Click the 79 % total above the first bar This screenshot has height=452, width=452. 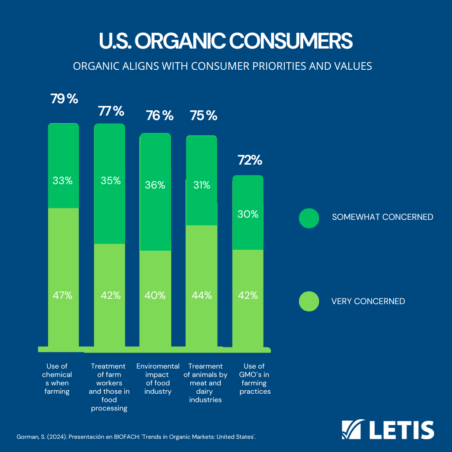pos(64,99)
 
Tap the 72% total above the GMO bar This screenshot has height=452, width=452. pos(250,160)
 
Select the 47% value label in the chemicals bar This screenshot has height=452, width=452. pos(63,295)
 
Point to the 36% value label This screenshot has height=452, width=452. pos(155,185)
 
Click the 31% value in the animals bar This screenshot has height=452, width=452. pos(201,185)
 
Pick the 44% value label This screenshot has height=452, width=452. pos(201,295)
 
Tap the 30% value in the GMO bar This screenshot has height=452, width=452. pos(248,214)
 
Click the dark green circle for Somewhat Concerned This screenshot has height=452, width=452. pos(309,217)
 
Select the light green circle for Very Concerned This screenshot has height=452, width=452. pos(309,301)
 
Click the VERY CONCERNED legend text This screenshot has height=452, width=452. pos(368,301)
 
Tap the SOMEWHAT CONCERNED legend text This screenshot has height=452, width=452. pos(382,217)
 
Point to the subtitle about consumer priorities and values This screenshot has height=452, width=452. pos(222,66)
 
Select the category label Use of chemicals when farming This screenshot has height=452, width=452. pos(57,379)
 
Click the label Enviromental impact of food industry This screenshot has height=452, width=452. pos(158,379)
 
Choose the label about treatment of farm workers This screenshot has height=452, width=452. pos(109,387)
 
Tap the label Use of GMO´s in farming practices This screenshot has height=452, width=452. pos(255,379)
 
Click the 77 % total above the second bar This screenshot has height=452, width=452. pos(111,111)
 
